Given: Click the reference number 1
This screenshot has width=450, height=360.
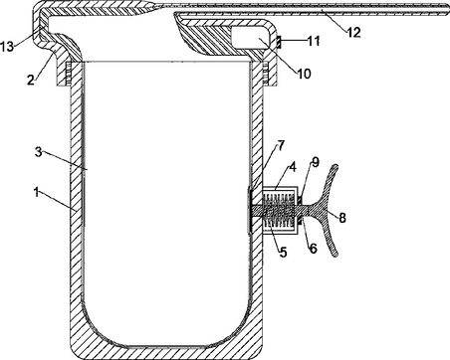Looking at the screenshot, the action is (37, 193).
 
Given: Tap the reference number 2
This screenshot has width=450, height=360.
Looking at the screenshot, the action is (31, 80).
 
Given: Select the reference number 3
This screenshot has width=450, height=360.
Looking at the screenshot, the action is (39, 153).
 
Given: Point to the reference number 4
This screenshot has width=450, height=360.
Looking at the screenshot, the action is (293, 167).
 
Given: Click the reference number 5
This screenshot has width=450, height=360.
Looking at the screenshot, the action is (283, 253).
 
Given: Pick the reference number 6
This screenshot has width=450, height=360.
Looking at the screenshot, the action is (314, 248).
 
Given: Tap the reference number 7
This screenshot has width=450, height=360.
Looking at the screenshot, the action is (281, 145).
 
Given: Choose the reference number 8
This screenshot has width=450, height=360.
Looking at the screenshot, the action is (342, 218).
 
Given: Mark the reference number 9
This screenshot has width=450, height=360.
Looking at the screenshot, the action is (315, 162).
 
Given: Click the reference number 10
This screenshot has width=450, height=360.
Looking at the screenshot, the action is (304, 74).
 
